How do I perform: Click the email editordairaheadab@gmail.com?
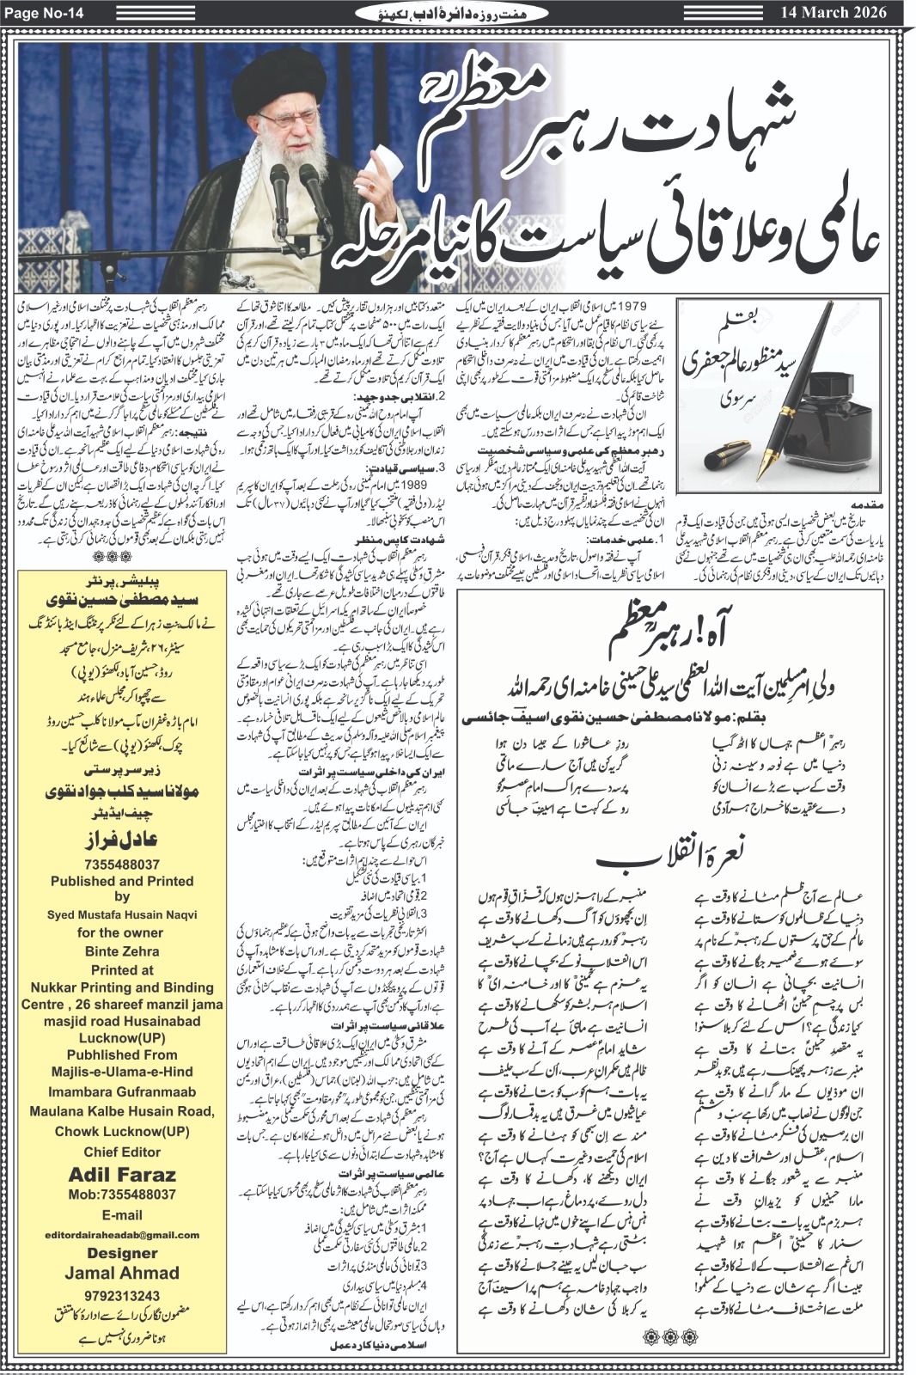coord(122,1234)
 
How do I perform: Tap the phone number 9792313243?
coord(122,1295)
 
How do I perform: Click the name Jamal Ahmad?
coord(122,1273)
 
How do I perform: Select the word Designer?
coord(122,1253)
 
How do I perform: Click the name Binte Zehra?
coord(122,951)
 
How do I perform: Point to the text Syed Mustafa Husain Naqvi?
coord(122,914)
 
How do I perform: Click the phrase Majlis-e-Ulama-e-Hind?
coord(122,1072)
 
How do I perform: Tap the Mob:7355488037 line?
coord(122,1195)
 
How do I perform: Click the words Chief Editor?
coord(122,1152)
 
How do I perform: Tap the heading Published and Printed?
coord(122,881)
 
